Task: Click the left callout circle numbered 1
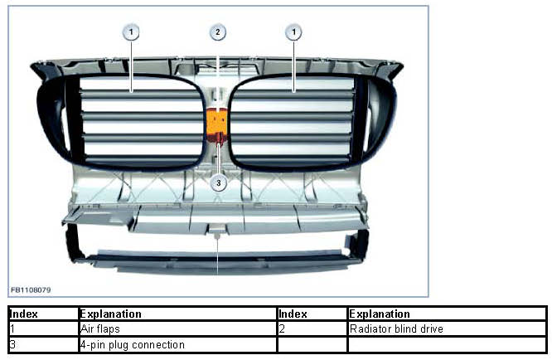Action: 131,32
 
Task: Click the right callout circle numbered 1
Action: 293,32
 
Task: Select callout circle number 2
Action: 217,32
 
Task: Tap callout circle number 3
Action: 218,182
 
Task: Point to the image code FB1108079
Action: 31,289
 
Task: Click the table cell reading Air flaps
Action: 177,329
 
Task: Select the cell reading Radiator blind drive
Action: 448,329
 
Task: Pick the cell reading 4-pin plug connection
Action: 177,344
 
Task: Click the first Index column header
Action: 42,314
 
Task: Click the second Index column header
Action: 312,314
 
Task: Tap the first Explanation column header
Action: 177,314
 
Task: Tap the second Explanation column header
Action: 448,314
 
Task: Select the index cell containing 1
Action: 42,329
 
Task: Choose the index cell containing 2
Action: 312,329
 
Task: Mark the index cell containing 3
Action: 42,344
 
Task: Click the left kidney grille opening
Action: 141,120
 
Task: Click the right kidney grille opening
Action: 295,120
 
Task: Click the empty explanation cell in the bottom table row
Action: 448,344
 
